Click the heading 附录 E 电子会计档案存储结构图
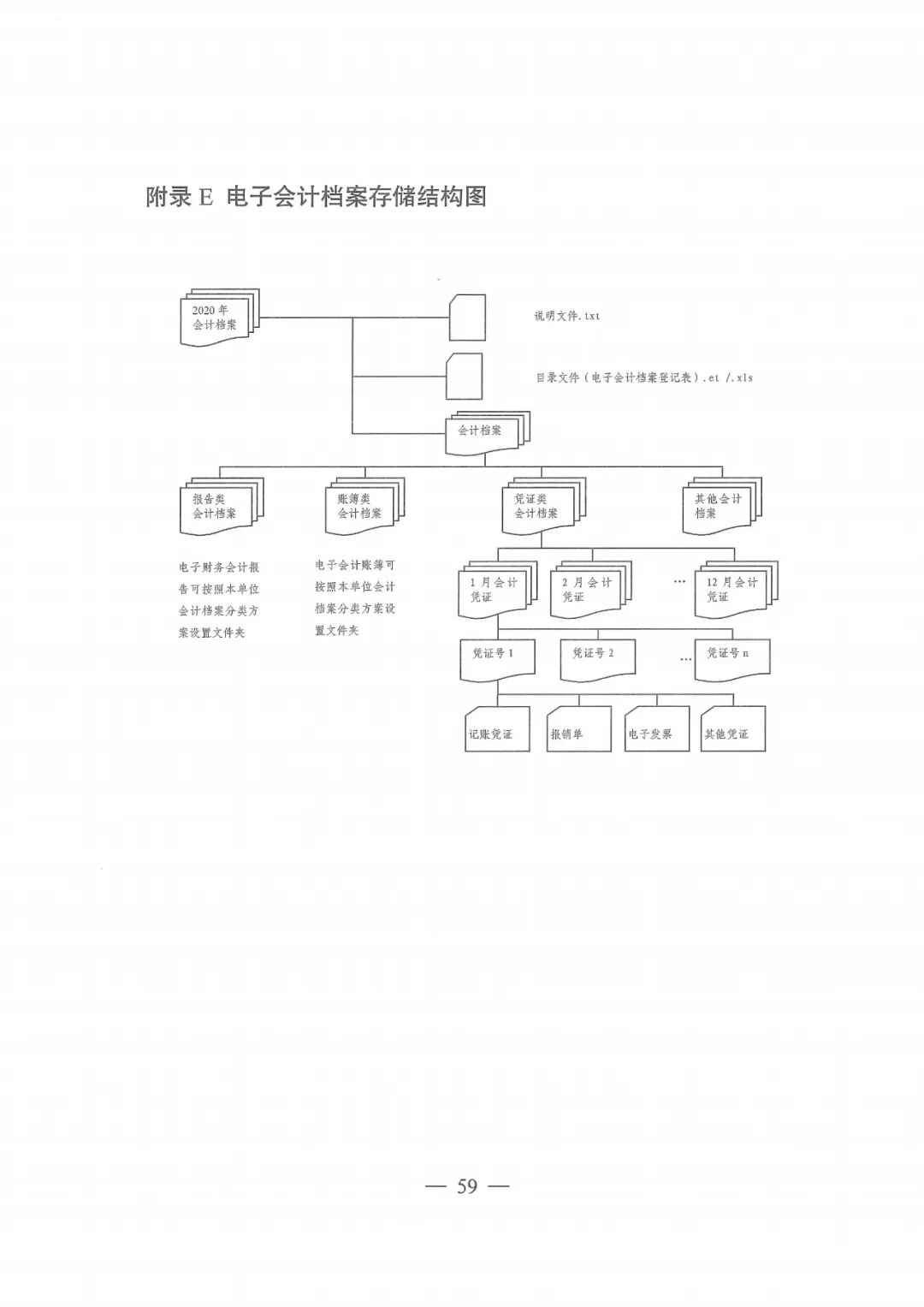[x=316, y=197]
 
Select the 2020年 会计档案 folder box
[x=216, y=318]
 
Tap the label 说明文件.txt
[x=567, y=316]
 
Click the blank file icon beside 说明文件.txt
[x=467, y=318]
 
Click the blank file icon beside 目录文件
[x=464, y=377]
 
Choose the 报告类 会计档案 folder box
[x=217, y=507]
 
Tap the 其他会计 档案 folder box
[x=718, y=507]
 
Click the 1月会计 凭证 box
[x=494, y=590]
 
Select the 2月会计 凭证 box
[x=587, y=590]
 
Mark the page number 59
[x=467, y=1186]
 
